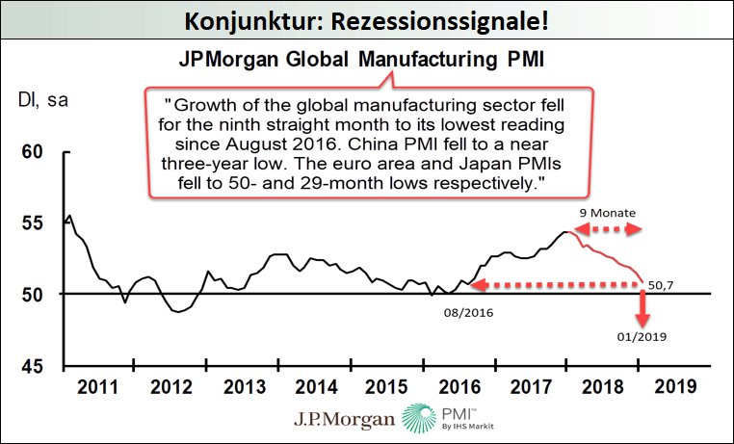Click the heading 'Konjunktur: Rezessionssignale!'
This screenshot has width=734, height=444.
click(x=367, y=18)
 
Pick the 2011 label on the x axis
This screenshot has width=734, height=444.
click(x=98, y=388)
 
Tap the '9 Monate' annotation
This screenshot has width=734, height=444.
click(x=606, y=212)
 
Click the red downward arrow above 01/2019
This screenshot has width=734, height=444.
click(x=642, y=306)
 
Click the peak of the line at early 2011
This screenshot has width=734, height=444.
click(x=68, y=216)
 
